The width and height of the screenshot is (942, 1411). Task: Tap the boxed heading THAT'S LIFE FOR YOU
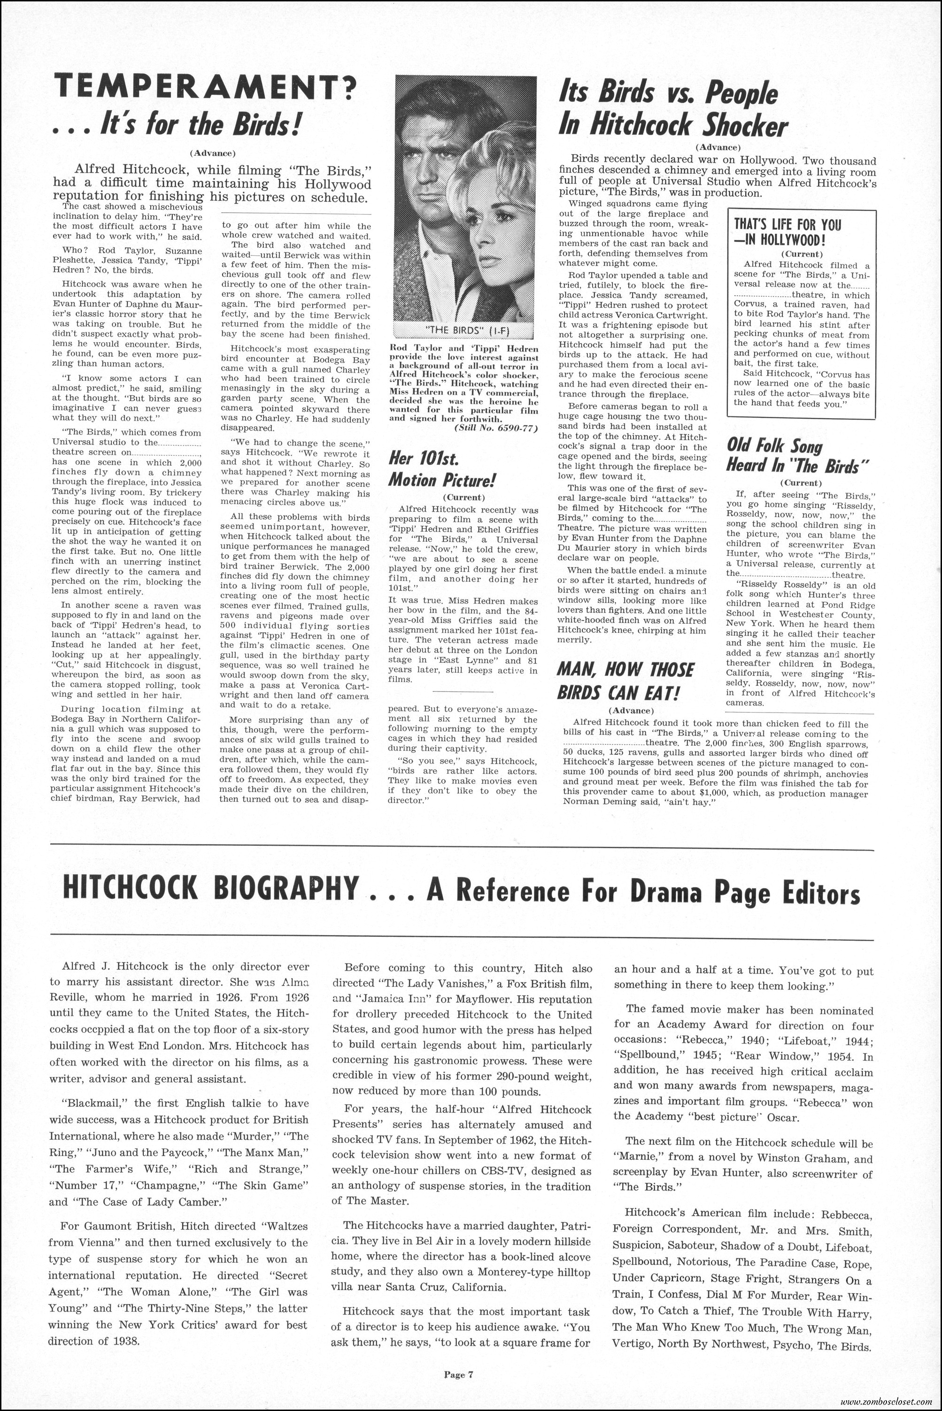pyautogui.click(x=788, y=225)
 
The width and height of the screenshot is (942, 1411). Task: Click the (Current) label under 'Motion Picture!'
pyautogui.click(x=463, y=497)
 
